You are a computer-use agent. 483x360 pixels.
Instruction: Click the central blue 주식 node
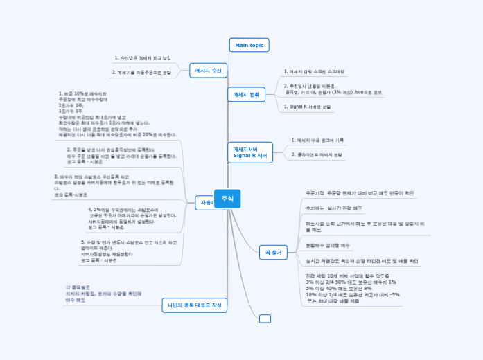pyautogui.click(x=227, y=199)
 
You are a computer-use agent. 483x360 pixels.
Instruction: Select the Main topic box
pyautogui.click(x=249, y=45)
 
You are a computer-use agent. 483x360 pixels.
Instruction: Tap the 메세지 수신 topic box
pyautogui.click(x=208, y=70)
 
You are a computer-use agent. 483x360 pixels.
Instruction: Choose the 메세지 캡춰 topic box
pyautogui.click(x=247, y=94)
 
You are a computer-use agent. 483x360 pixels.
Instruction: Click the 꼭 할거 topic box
pyautogui.click(x=272, y=252)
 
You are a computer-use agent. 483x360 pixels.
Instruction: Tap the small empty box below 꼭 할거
pyautogui.click(x=265, y=318)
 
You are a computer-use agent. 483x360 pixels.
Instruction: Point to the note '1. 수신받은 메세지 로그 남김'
pyautogui.click(x=143, y=58)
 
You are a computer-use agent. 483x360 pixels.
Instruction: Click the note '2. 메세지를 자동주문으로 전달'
pyautogui.click(x=142, y=72)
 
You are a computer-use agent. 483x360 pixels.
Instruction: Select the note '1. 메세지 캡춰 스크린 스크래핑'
pyautogui.click(x=314, y=71)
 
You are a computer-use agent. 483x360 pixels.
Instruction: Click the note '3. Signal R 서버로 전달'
pyautogui.click(x=308, y=107)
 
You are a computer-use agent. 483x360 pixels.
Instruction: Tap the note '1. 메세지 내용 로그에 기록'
pyautogui.click(x=318, y=140)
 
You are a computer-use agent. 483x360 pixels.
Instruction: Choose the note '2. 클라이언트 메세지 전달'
pyautogui.click(x=317, y=154)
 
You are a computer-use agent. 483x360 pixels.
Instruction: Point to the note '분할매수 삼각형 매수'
pyautogui.click(x=328, y=245)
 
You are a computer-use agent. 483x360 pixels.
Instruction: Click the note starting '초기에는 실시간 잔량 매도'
pyautogui.click(x=334, y=208)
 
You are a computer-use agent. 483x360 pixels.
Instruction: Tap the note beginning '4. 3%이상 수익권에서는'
pyautogui.click(x=132, y=217)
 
